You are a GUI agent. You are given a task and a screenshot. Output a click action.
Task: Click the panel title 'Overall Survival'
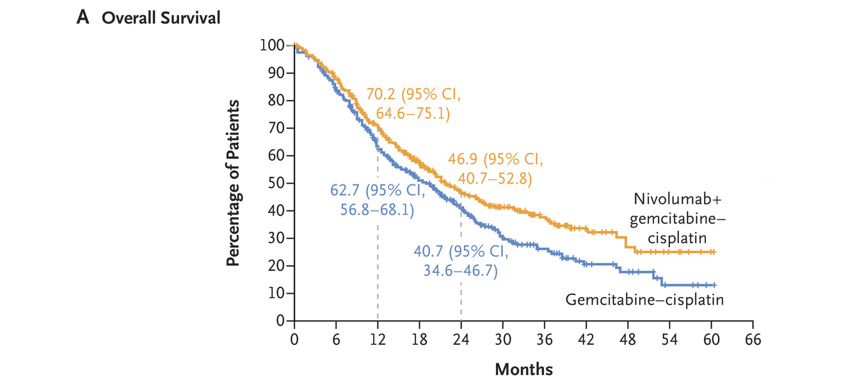point(161,18)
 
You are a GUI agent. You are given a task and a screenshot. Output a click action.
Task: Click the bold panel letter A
point(82,18)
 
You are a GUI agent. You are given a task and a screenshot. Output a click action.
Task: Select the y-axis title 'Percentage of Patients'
point(234,183)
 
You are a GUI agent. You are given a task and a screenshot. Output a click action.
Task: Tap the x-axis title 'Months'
point(523,369)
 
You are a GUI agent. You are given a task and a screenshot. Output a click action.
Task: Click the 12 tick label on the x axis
point(378,339)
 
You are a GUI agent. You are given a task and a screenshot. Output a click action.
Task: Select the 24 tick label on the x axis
point(461,339)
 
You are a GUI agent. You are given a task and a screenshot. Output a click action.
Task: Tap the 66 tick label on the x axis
point(753,339)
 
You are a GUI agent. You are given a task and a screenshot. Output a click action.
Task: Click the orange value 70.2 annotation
point(382,95)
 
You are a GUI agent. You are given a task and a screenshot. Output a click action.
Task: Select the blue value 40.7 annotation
point(429,252)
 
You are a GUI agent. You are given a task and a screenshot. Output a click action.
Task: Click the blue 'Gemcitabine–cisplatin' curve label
point(644,300)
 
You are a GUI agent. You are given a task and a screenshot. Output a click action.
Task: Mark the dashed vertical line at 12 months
point(378,256)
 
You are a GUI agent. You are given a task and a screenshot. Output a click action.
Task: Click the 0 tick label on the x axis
point(294,339)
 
